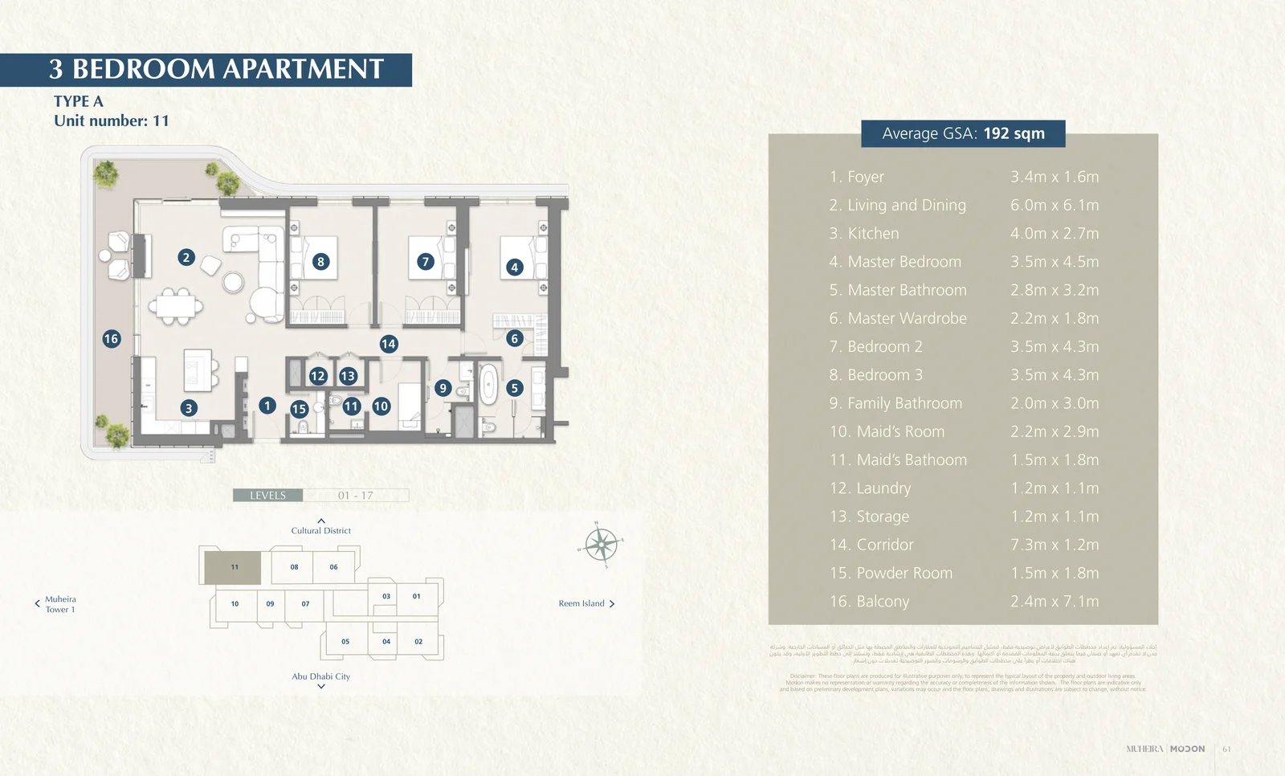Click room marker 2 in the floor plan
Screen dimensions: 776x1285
point(186,257)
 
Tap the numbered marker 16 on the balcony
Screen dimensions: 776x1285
point(111,339)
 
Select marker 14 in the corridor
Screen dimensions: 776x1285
point(389,344)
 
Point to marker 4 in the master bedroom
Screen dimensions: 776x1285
point(515,268)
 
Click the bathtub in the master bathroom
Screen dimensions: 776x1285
point(488,385)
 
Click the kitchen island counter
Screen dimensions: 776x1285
point(198,370)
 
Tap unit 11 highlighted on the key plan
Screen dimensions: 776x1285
point(233,567)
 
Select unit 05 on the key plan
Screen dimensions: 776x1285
point(345,642)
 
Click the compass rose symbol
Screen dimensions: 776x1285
point(601,545)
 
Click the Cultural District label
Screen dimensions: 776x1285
point(321,530)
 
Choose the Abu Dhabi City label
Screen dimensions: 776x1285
point(321,676)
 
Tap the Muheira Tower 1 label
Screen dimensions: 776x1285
point(60,604)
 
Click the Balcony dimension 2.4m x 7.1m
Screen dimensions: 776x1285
point(1055,601)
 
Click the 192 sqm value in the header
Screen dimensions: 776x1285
point(1014,133)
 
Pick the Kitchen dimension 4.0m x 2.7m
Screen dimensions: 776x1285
point(1055,233)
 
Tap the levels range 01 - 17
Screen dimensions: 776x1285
point(355,496)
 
